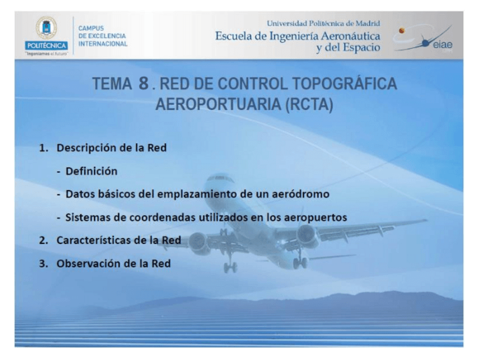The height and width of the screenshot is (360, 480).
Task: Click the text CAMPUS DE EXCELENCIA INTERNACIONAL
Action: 102,36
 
